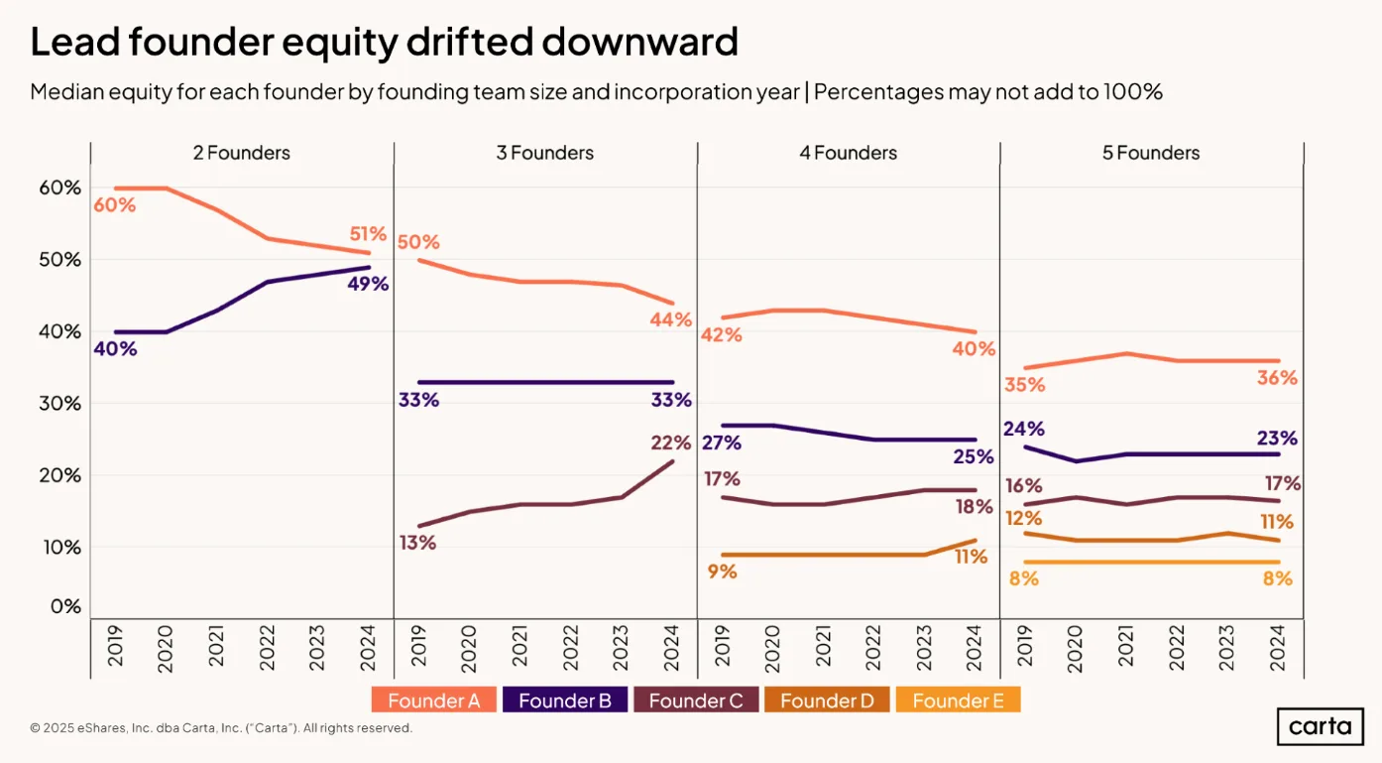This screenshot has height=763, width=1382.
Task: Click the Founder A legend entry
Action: (433, 700)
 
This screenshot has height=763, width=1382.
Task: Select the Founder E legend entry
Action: (958, 700)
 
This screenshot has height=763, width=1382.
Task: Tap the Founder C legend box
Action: (696, 700)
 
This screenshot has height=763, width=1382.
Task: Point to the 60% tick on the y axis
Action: (59, 188)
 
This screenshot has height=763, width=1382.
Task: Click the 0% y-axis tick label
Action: (65, 606)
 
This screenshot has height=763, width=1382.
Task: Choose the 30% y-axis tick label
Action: (59, 404)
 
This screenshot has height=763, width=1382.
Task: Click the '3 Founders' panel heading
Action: (545, 153)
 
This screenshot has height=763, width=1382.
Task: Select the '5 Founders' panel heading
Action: (1151, 153)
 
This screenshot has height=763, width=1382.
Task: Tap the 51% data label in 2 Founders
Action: (368, 234)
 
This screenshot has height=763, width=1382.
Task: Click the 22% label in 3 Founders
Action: (670, 443)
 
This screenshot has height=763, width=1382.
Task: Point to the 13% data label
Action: (417, 543)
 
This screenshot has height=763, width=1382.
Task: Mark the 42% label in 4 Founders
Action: (721, 335)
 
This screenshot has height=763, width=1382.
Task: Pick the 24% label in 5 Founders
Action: (1024, 429)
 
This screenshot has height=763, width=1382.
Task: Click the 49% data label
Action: (369, 284)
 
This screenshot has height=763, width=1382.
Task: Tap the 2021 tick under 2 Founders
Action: (216, 646)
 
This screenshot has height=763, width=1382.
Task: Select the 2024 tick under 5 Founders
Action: (1277, 648)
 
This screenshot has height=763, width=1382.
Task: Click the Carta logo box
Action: (1321, 726)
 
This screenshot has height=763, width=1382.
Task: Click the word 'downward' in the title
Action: (639, 42)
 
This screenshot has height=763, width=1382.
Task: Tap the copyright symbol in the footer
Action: (35, 728)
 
